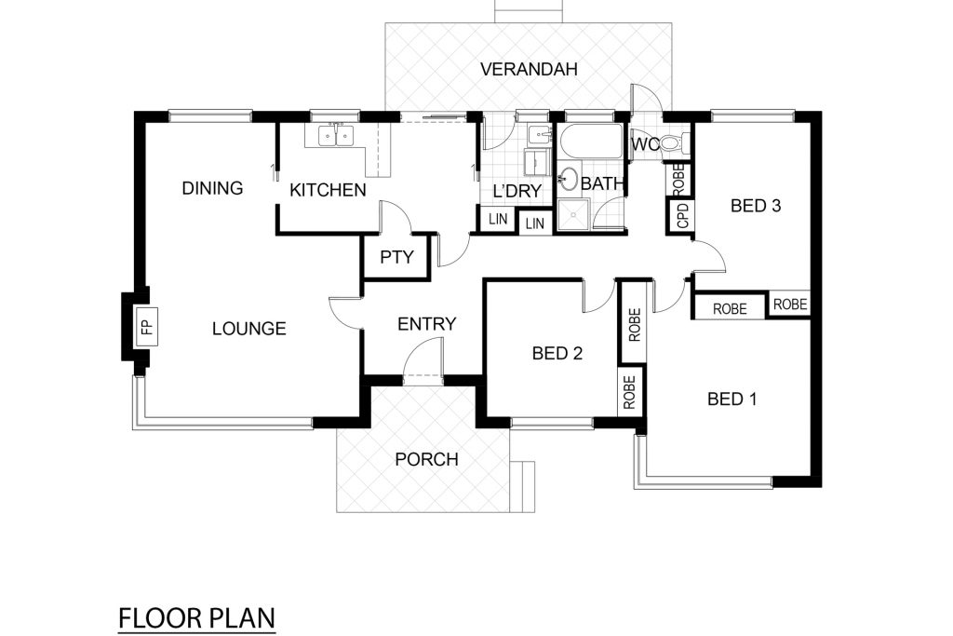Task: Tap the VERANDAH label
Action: click(x=529, y=69)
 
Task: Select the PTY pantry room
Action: click(x=396, y=257)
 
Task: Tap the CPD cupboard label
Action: click(x=682, y=216)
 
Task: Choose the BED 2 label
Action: click(x=557, y=353)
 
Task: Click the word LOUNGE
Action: click(x=249, y=329)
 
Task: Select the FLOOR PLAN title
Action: click(x=197, y=618)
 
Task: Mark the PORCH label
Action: click(x=426, y=459)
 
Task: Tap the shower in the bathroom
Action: click(x=573, y=214)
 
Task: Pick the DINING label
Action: click(x=213, y=188)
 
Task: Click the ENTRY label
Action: click(x=426, y=324)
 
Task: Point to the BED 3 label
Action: click(x=756, y=206)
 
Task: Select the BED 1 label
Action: click(x=732, y=399)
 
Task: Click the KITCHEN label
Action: click(x=328, y=190)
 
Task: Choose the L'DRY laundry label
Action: click(x=517, y=192)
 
